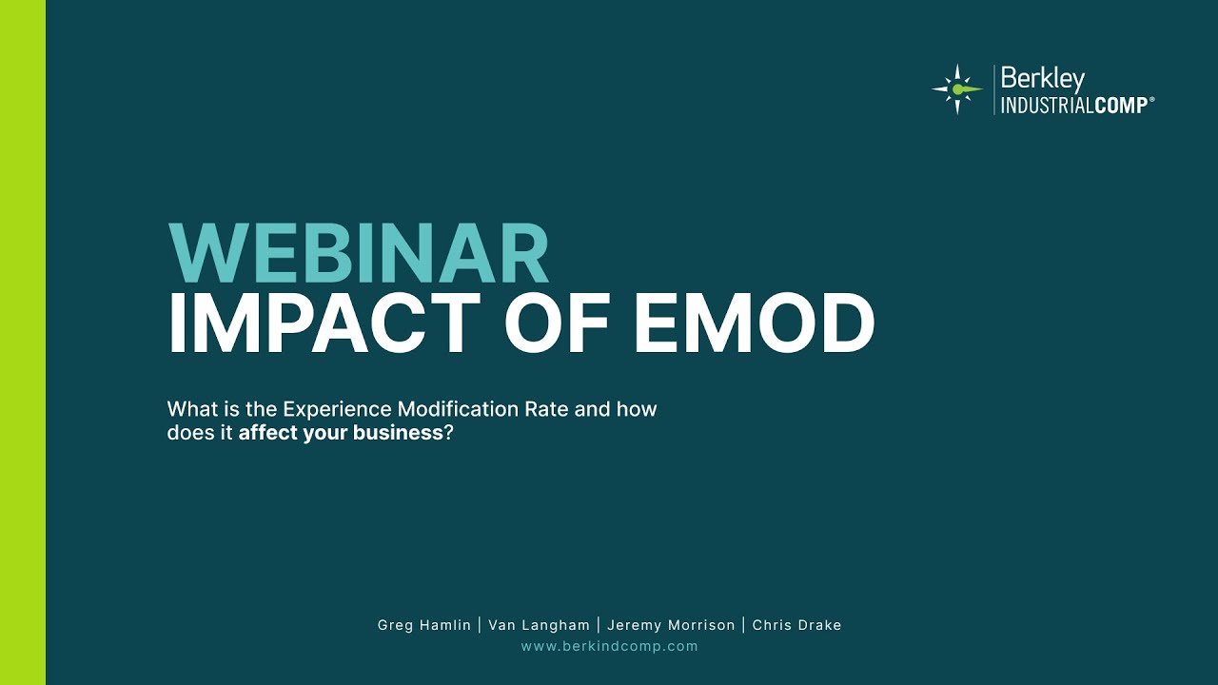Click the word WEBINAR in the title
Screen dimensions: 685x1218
[358, 254]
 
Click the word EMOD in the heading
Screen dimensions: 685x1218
[754, 323]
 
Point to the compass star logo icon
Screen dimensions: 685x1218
[956, 89]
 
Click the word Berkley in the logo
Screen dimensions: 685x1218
[1042, 79]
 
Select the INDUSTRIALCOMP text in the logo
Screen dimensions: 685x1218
[1072, 106]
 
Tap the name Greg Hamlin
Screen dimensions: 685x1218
[424, 625]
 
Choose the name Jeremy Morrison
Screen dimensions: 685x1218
[671, 625]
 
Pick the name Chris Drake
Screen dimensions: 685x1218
[796, 625]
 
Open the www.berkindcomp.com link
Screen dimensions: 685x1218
[609, 646]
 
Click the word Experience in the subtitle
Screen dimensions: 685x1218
[338, 410]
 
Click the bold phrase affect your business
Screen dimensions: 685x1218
[341, 433]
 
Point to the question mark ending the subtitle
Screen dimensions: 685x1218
[447, 433]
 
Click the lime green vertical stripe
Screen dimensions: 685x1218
[23, 342]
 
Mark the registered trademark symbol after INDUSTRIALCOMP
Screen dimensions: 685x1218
[1151, 100]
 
